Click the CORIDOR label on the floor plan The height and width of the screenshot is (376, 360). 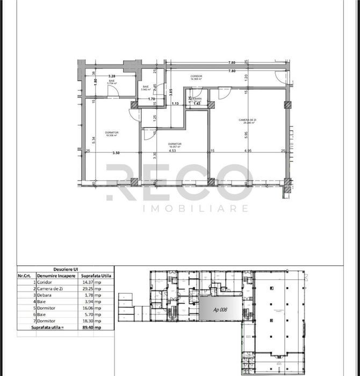196,77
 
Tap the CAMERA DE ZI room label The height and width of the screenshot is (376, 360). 248,120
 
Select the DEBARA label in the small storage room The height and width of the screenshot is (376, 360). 196,100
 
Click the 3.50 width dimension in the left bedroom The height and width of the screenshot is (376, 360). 116,153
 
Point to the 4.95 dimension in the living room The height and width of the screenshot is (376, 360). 248,151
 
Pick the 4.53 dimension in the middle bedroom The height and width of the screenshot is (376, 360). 172,151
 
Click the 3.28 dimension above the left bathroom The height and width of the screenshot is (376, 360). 112,76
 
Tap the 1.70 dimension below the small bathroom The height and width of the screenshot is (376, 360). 152,99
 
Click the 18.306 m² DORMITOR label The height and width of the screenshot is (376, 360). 112,133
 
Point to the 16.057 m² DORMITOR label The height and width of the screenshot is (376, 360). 174,145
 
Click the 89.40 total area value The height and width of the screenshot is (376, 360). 88,327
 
